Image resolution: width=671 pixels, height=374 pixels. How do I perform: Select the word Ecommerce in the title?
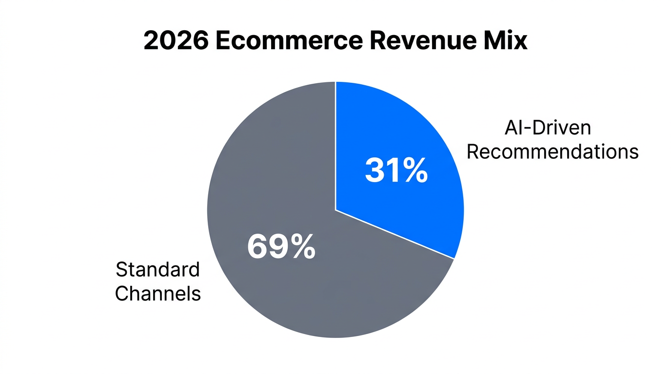[289, 40]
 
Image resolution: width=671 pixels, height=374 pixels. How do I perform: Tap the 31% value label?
[396, 170]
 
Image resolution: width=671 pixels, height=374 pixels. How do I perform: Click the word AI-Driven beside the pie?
[548, 128]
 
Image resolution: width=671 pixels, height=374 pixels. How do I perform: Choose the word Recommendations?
[553, 151]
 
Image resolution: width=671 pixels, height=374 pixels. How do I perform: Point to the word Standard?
[158, 269]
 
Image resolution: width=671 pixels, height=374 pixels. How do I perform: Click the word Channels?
[158, 293]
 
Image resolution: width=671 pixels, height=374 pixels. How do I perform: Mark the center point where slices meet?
[335, 210]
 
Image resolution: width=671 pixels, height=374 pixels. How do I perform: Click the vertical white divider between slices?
[335, 146]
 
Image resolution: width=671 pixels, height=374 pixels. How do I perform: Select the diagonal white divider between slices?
[395, 234]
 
